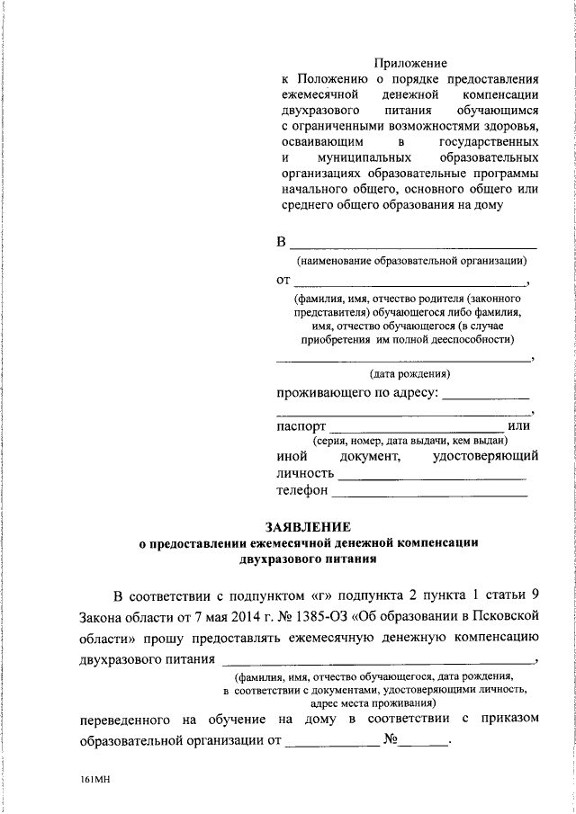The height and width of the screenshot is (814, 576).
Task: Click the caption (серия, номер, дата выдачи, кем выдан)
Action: (410, 442)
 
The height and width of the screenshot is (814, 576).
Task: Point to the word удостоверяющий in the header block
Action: (485, 458)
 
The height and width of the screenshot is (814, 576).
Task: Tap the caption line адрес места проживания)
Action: (373, 702)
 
